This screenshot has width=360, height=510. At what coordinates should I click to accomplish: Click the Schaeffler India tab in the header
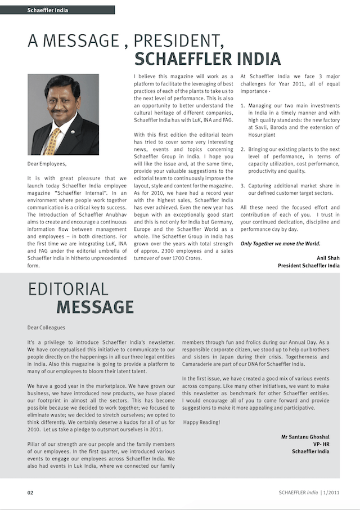[x=48, y=10]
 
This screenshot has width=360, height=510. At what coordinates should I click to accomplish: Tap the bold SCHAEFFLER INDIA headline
[x=208, y=59]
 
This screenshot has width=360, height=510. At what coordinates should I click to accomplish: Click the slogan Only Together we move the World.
[x=280, y=244]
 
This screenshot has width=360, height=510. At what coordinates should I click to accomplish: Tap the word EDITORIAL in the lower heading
[x=67, y=289]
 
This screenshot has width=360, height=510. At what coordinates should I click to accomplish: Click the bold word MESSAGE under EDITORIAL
[x=95, y=307]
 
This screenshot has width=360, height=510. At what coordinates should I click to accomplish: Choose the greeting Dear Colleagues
[x=46, y=327]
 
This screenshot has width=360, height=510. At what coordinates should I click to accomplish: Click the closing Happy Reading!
[x=202, y=422]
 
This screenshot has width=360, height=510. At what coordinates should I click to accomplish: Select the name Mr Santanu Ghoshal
[x=305, y=437]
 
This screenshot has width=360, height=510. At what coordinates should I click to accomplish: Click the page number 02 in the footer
[x=30, y=493]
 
